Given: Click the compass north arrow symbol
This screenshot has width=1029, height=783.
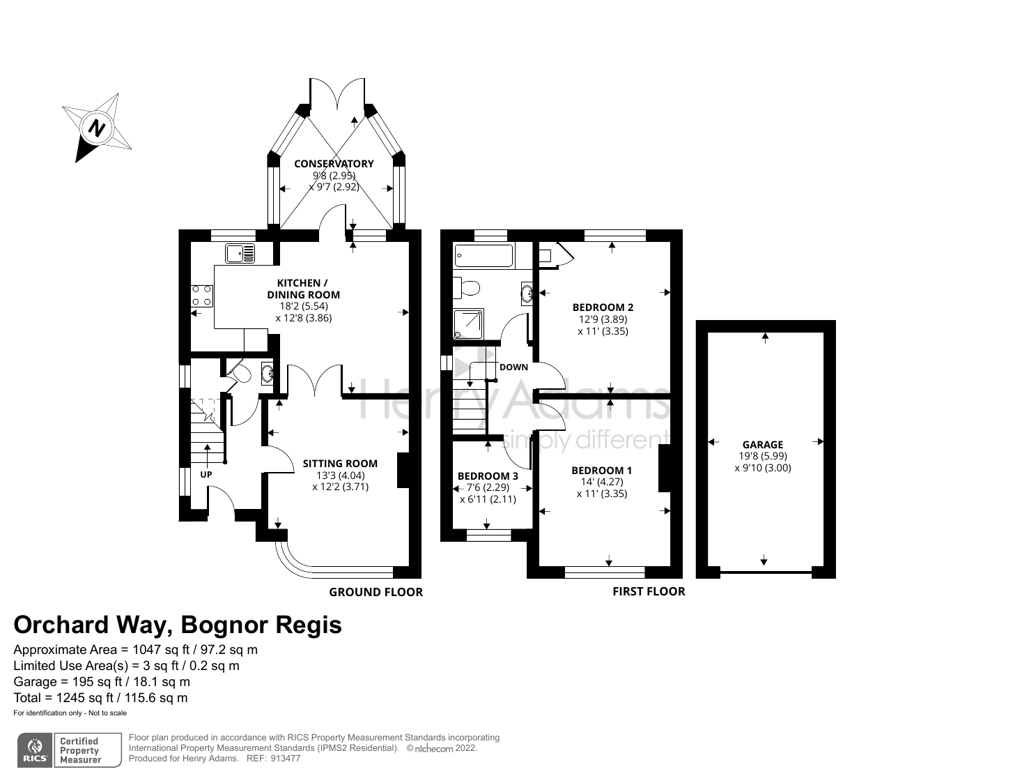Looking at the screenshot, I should pyautogui.click(x=97, y=128).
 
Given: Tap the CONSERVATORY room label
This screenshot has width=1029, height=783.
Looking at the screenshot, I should pyautogui.click(x=334, y=164).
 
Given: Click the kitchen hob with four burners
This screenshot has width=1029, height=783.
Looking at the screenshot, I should pyautogui.click(x=202, y=296).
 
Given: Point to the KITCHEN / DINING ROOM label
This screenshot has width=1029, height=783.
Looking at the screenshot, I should pyautogui.click(x=303, y=289).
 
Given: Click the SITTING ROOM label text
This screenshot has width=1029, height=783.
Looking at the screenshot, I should pyautogui.click(x=340, y=464).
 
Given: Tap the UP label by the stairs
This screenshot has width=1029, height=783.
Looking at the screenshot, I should pyautogui.click(x=206, y=475).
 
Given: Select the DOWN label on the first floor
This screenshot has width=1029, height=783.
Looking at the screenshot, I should pyautogui.click(x=513, y=367).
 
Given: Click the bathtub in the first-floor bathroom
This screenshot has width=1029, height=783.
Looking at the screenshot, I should pyautogui.click(x=483, y=256).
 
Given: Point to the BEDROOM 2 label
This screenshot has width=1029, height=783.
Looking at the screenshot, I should pyautogui.click(x=603, y=307).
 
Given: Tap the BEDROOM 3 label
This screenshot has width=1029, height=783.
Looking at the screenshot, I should pyautogui.click(x=488, y=476).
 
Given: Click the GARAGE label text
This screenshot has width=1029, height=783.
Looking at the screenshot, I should pyautogui.click(x=762, y=445).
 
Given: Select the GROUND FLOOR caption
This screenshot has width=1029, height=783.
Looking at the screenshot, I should pyautogui.click(x=376, y=592).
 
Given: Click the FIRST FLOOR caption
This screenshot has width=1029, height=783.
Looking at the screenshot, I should pyautogui.click(x=649, y=591).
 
